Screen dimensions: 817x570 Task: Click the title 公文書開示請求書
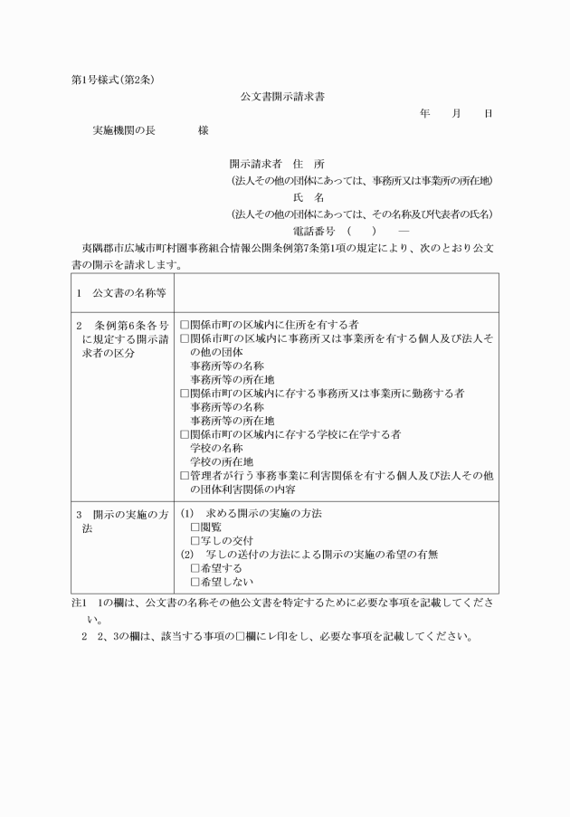(x=282, y=95)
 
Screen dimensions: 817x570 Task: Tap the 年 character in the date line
(x=425, y=114)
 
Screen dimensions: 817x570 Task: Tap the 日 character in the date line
(x=489, y=114)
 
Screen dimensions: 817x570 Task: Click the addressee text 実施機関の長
(x=124, y=130)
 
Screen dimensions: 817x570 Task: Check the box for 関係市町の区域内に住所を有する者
(x=185, y=324)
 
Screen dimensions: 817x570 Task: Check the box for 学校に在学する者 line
(x=185, y=435)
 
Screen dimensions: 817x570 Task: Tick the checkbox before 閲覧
(x=195, y=527)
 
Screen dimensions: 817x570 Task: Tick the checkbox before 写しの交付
(x=195, y=540)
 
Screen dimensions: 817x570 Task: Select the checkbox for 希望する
(x=195, y=568)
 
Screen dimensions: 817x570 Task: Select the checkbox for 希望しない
(x=195, y=582)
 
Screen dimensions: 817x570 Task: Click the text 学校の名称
(x=215, y=449)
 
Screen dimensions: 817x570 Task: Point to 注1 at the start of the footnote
(x=79, y=603)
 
